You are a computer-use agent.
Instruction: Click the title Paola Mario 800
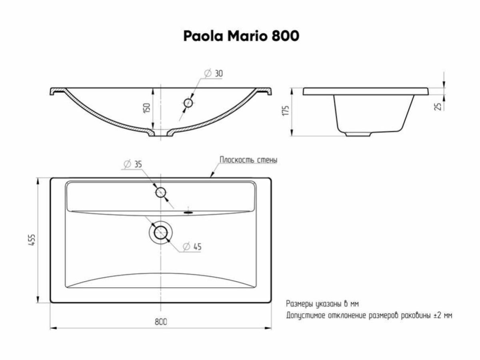point(241,36)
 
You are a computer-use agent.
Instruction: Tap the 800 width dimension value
point(160,322)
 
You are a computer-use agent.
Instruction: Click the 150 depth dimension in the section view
point(147,108)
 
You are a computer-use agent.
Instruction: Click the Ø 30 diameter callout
point(214,74)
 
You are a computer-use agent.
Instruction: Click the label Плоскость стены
point(248,160)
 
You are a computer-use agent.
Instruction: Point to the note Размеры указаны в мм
point(320,303)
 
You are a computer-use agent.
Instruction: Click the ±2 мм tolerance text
point(443,316)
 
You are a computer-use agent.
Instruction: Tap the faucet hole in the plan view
point(161,192)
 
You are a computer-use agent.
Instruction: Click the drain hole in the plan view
point(161,232)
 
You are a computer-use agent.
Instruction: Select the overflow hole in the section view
point(188,103)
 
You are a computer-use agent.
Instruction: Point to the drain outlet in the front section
point(161,134)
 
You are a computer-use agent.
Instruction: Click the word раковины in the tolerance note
point(414,316)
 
